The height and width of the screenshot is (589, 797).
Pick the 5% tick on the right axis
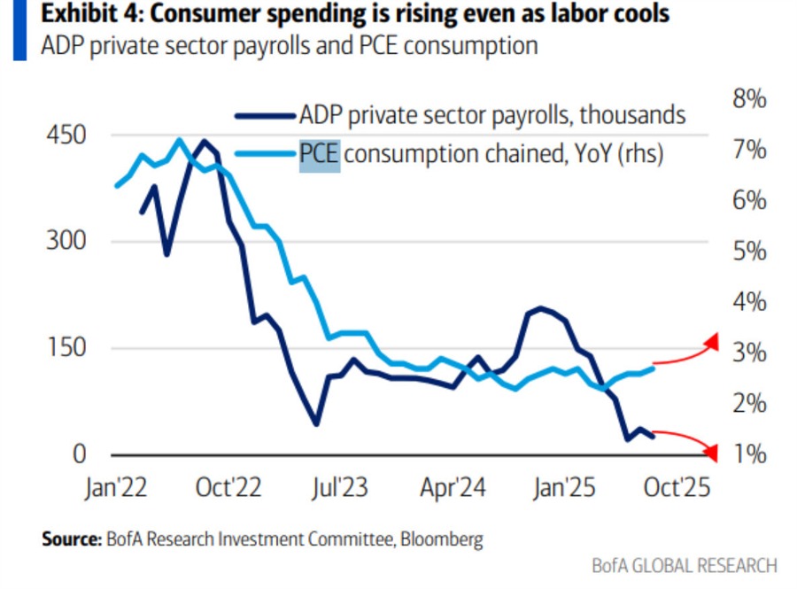(x=748, y=251)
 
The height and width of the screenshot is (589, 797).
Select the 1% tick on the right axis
(x=748, y=454)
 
